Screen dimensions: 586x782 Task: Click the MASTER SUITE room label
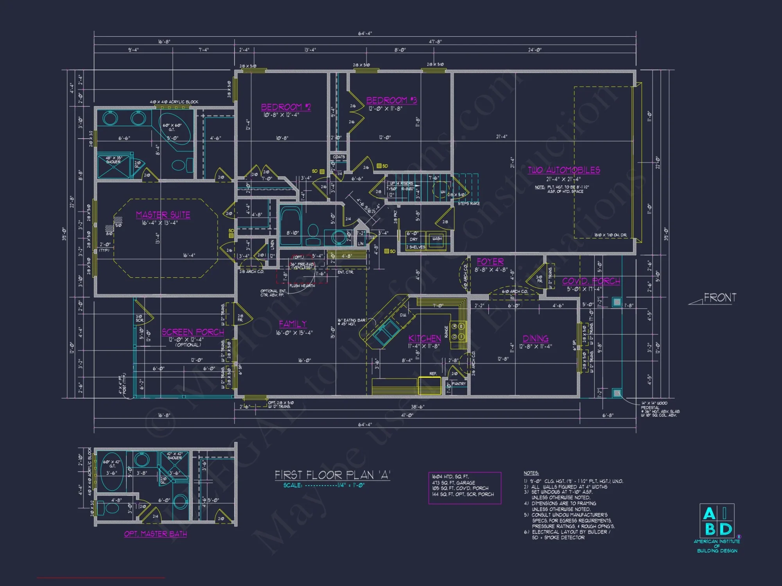163,215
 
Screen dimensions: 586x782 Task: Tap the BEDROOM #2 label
286,107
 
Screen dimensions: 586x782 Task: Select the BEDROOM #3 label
391,100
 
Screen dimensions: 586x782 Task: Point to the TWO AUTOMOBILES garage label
564,170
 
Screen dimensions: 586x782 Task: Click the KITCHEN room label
425,338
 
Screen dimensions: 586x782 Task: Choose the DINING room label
535,339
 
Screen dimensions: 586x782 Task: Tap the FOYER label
490,262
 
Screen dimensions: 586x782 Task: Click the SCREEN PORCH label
193,332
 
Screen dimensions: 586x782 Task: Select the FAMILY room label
292,324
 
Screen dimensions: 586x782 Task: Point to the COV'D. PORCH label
591,281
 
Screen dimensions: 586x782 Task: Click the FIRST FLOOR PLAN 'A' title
332,475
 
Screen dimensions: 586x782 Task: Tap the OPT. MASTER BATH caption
155,534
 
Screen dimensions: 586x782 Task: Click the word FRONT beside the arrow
720,298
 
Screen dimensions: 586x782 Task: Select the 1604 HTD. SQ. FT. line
450,477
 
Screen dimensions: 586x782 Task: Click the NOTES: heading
531,473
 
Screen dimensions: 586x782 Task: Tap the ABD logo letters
717,521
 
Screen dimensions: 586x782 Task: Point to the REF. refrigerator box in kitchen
429,385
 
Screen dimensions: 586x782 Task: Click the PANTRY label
459,384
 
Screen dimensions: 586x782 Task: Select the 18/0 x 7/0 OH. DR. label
610,235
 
